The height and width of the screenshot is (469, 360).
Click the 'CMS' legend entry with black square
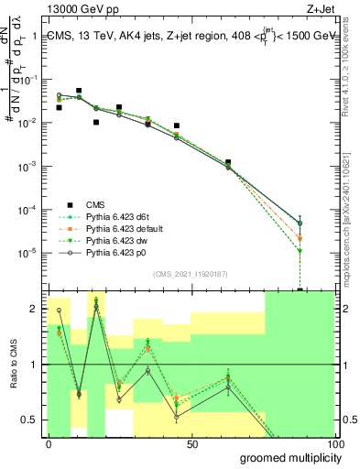(96, 203)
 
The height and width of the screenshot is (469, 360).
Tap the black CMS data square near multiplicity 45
(177, 125)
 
